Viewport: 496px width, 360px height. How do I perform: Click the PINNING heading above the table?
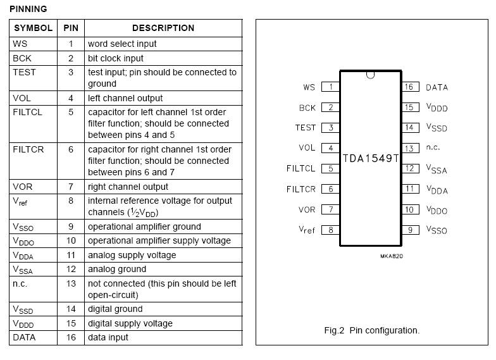pyautogui.click(x=28, y=9)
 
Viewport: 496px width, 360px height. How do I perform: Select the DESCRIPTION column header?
pyautogui.click(x=163, y=28)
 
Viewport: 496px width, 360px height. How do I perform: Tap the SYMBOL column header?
pyautogui.click(x=33, y=28)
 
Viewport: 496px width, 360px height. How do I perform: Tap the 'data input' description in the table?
pyautogui.click(x=108, y=338)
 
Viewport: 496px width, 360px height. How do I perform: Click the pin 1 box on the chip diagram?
pyautogui.click(x=330, y=87)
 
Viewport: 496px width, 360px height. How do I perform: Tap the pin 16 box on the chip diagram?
pyautogui.click(x=410, y=87)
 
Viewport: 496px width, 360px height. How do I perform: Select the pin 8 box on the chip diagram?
pyautogui.click(x=330, y=230)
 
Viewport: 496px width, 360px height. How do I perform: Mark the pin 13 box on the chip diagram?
pyautogui.click(x=410, y=148)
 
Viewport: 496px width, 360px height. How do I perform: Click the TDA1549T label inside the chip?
pyautogui.click(x=371, y=158)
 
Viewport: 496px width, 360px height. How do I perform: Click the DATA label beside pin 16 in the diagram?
pyautogui.click(x=437, y=87)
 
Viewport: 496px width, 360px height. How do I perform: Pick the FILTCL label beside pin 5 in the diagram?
pyautogui.click(x=301, y=168)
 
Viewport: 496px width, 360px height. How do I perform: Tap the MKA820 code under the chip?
pyautogui.click(x=392, y=256)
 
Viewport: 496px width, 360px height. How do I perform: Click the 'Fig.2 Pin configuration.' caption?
pyautogui.click(x=372, y=330)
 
